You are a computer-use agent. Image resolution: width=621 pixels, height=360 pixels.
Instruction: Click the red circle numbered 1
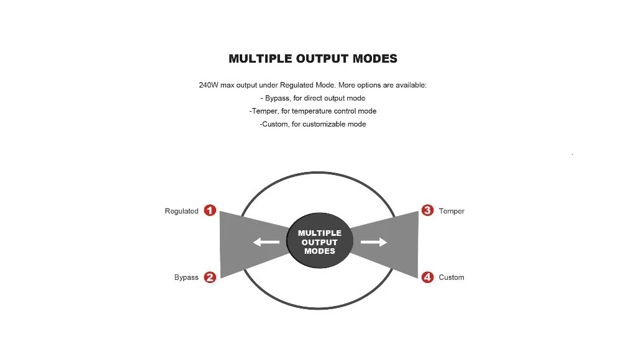[210, 210]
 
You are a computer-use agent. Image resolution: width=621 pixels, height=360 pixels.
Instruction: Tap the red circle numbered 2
[210, 277]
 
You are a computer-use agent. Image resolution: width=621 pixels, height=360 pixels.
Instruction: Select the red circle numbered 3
[427, 210]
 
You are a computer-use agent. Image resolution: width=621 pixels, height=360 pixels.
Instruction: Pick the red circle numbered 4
[427, 277]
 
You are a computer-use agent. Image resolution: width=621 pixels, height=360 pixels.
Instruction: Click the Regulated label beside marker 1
[181, 211]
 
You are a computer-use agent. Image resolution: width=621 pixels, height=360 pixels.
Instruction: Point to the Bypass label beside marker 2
[186, 277]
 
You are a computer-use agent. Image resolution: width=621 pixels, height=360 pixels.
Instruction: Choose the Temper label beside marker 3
[451, 211]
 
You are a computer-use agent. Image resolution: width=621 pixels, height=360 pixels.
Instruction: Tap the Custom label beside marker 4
[451, 277]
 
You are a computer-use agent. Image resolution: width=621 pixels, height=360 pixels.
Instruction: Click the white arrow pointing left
[266, 242]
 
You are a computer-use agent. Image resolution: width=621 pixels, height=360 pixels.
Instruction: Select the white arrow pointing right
[374, 242]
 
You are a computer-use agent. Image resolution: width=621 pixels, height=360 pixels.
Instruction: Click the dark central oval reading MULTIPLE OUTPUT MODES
[320, 242]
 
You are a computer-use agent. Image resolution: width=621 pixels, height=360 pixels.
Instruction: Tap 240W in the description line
[209, 85]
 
